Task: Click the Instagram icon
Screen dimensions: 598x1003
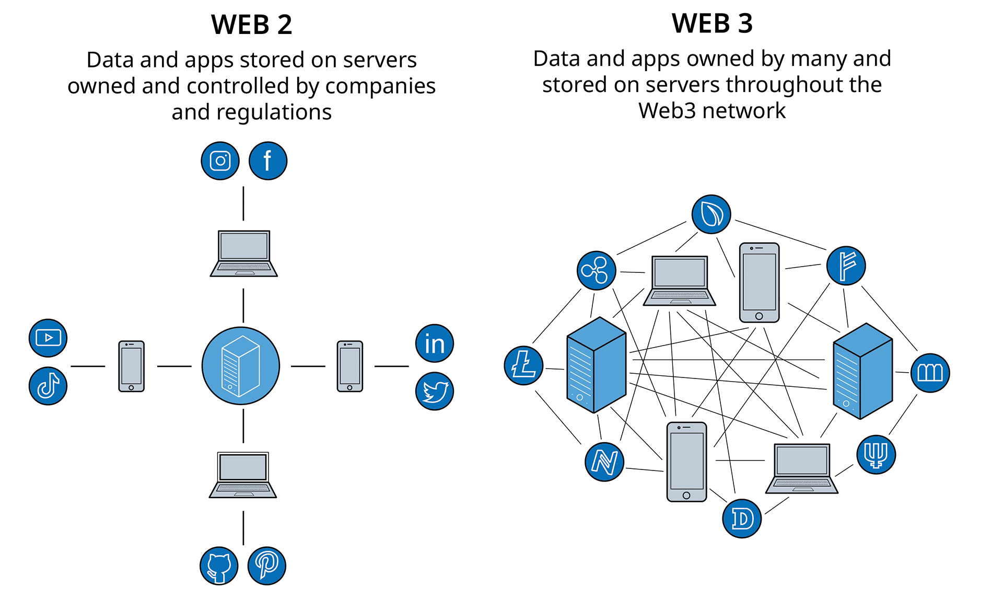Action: click(x=220, y=161)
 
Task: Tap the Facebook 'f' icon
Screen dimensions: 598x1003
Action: click(x=267, y=161)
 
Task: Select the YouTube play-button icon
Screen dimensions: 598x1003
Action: click(x=48, y=338)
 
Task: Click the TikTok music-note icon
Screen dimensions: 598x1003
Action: click(x=48, y=386)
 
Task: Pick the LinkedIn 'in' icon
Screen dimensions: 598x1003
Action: click(x=434, y=343)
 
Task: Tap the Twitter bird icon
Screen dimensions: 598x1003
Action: click(x=434, y=391)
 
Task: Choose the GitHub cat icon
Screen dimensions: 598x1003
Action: click(x=219, y=566)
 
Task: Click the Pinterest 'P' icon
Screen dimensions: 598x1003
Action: click(x=266, y=566)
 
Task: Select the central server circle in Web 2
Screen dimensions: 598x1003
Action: click(x=241, y=366)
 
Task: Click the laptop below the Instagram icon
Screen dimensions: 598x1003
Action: click(x=243, y=254)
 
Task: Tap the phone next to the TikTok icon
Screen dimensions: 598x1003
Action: click(x=131, y=366)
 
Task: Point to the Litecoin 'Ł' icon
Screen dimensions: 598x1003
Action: click(x=523, y=365)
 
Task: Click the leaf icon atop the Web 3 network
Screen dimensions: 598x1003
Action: click(x=711, y=214)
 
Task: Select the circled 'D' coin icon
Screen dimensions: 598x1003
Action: click(x=742, y=519)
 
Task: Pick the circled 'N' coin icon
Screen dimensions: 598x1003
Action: click(x=604, y=462)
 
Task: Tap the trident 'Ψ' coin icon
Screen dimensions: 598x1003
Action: click(x=876, y=454)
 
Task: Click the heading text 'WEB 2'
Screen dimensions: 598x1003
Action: click(x=251, y=25)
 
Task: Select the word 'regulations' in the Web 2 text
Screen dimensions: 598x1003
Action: click(x=274, y=112)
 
